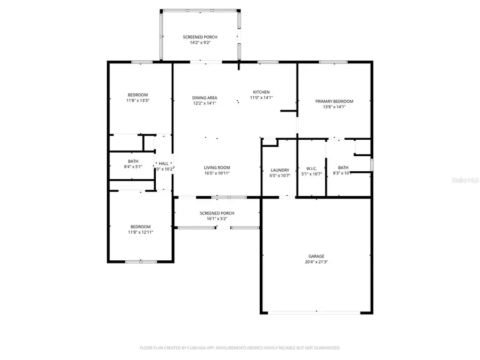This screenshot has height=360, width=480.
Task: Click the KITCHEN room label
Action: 261,92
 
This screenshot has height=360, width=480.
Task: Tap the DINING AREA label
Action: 205,98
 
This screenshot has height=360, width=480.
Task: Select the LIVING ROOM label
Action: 217,167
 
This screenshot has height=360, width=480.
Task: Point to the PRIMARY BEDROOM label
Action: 334,101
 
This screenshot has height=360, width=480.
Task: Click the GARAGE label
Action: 316,256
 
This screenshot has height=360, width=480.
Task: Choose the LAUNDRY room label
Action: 280,170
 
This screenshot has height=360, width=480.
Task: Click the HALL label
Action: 163,164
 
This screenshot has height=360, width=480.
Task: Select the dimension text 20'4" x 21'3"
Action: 316,262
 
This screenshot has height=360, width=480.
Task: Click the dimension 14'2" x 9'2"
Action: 200,43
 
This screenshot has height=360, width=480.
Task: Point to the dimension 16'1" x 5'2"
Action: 217,219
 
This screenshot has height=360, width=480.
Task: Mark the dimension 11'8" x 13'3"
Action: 138,100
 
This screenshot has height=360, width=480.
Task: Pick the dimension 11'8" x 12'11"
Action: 140,232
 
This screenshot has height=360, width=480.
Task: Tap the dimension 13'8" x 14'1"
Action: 334,107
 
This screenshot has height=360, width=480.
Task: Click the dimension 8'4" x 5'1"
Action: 133,166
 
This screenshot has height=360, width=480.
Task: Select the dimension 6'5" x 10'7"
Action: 280,175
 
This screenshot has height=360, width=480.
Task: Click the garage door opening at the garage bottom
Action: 316,313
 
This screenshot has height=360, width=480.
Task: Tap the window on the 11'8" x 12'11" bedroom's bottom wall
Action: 141,261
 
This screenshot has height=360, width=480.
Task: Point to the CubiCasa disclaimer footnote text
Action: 240,348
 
